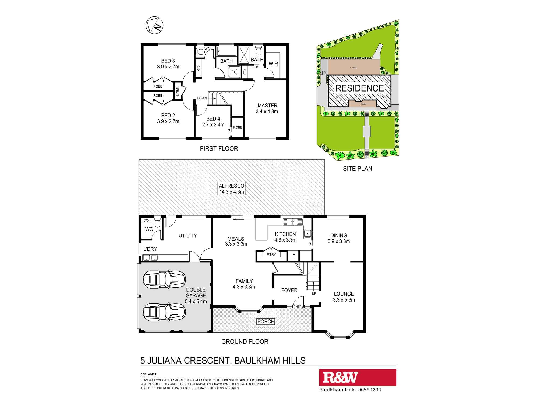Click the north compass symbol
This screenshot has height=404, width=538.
tap(154, 25)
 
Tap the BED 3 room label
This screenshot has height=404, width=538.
tap(168, 61)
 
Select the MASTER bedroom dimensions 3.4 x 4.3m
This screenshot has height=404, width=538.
tap(267, 112)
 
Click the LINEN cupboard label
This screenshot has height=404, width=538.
tap(177, 91)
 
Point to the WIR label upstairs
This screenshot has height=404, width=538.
tap(273, 64)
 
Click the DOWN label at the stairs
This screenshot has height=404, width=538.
tap(202, 98)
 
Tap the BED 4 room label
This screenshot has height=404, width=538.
tap(213, 119)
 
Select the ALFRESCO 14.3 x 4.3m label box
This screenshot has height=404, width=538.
tap(232, 189)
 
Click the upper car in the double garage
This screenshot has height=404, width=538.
tap(164, 279)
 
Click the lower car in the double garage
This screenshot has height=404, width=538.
tap(164, 312)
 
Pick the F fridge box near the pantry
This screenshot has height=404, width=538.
tap(294, 256)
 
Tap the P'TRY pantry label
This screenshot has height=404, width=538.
tap(271, 255)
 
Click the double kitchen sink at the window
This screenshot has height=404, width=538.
tap(292, 222)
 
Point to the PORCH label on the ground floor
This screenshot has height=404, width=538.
tap(266, 321)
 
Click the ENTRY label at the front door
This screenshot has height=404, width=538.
tap(298, 307)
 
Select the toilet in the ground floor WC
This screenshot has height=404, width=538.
tap(157, 223)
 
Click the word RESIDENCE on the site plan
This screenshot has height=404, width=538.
tap(359, 88)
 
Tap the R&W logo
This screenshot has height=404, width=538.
tap(340, 377)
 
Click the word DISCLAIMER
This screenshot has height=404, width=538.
tap(149, 374)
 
